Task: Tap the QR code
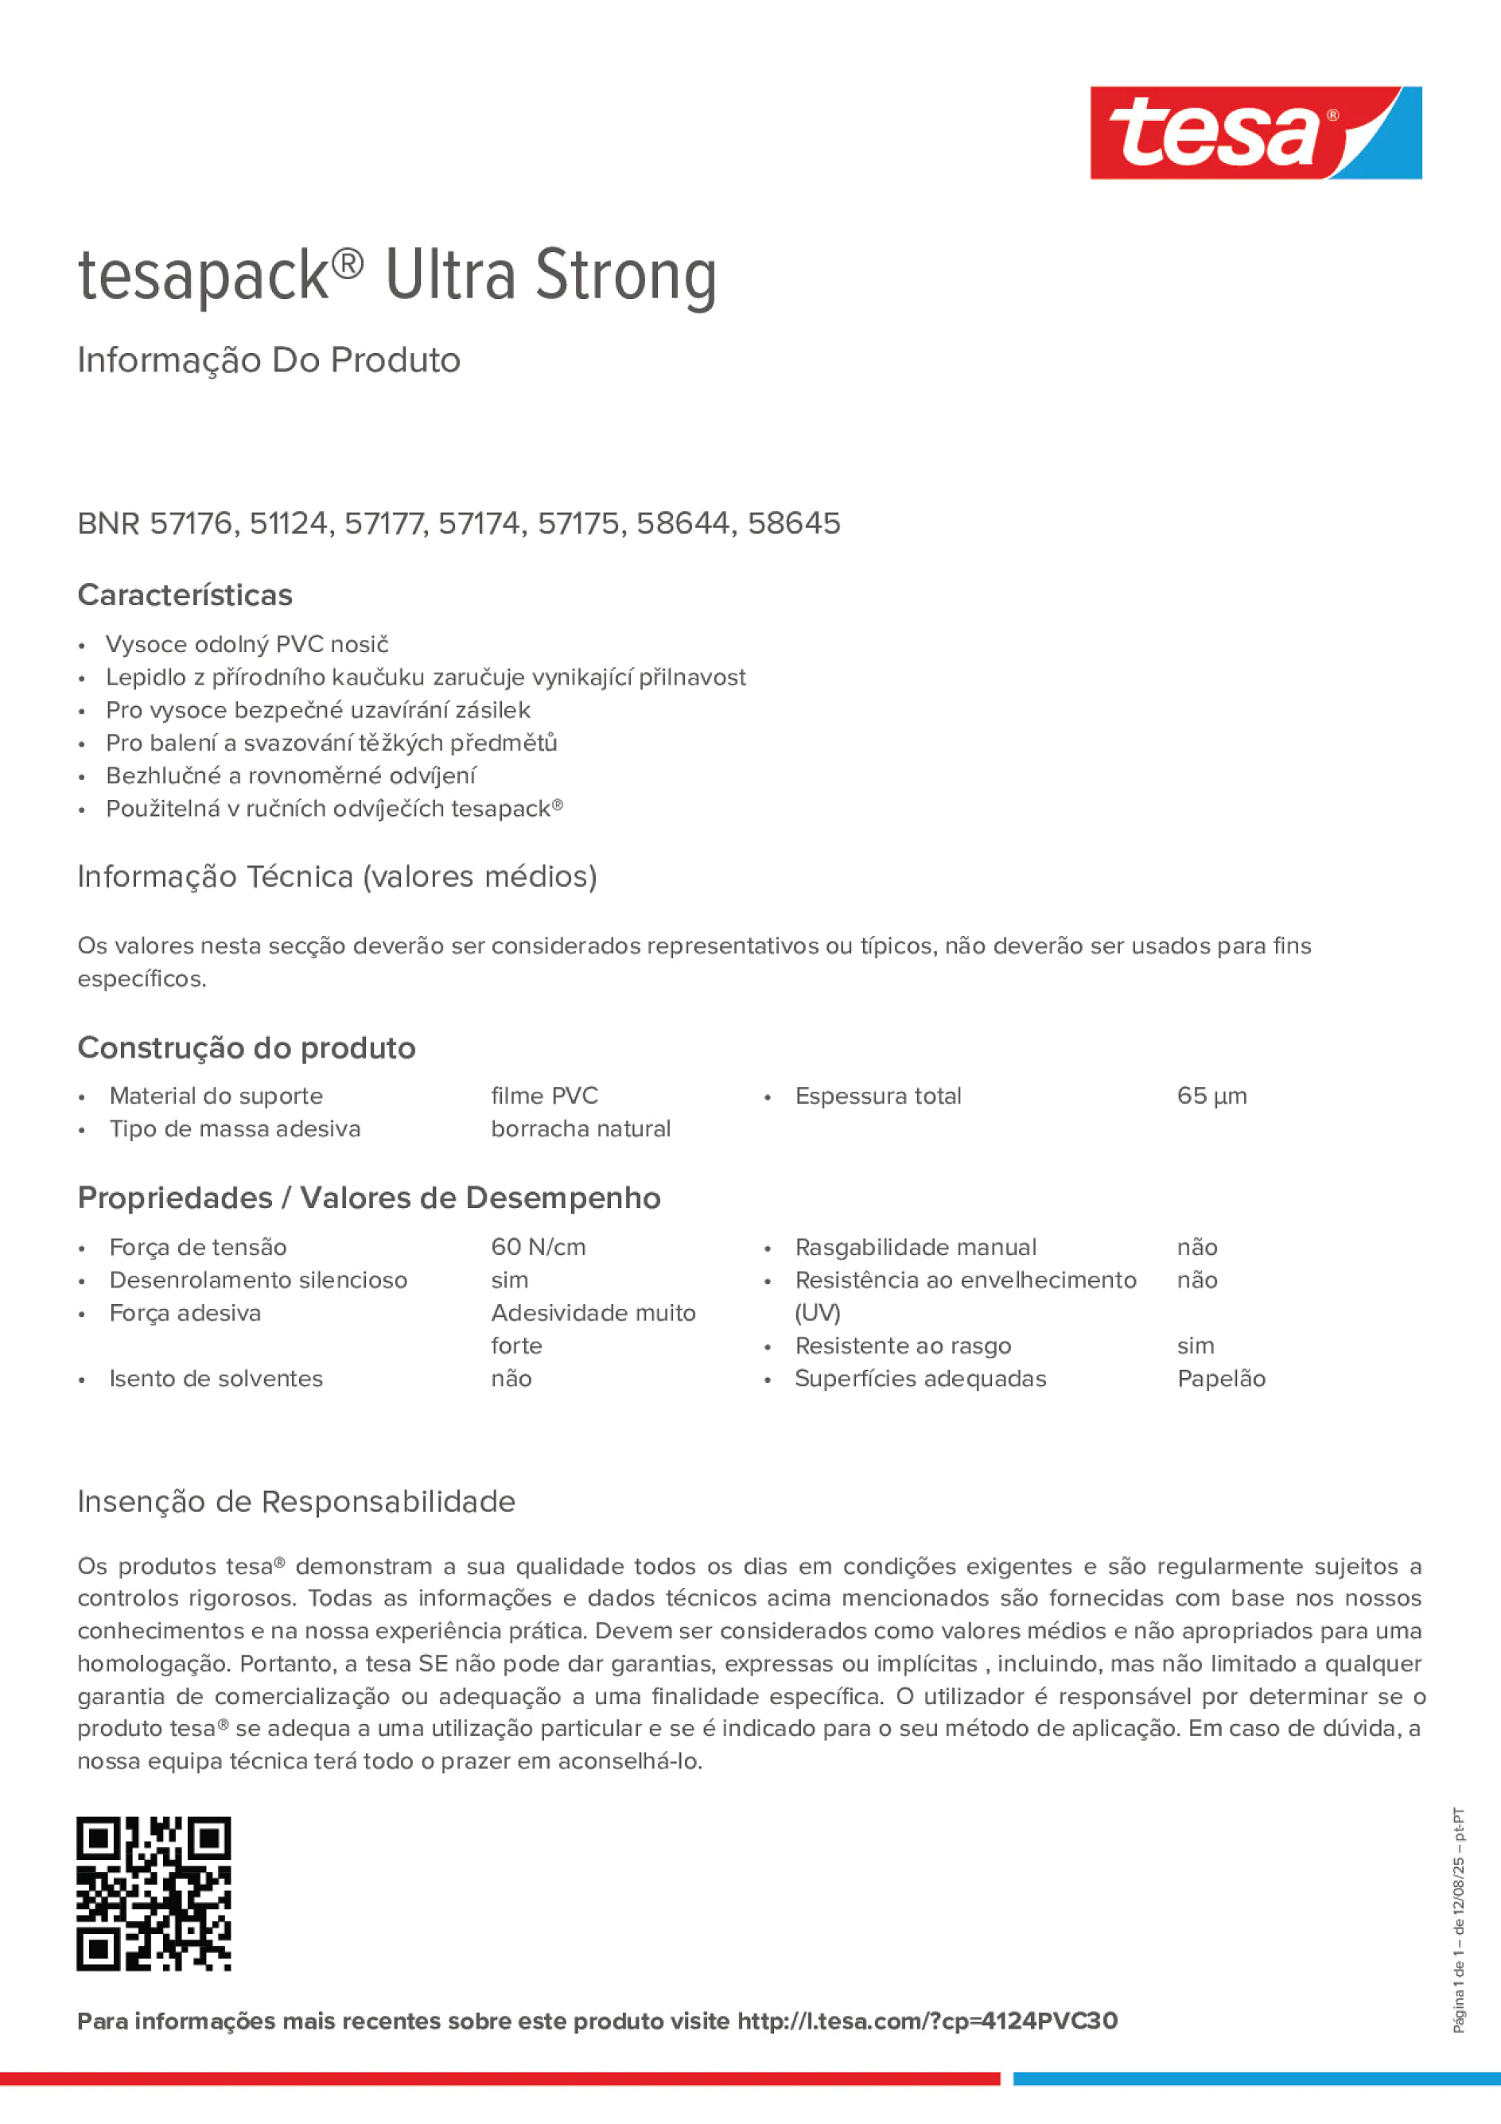[154, 1893]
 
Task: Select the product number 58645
[793, 523]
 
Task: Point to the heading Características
[185, 595]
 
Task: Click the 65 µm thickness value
[1211, 1097]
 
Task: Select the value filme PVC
[544, 1097]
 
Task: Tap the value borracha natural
[580, 1128]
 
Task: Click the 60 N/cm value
[538, 1247]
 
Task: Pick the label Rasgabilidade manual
[916, 1247]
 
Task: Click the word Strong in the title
[625, 275]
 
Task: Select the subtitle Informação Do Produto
[268, 360]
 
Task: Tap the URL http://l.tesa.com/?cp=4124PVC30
[927, 2021]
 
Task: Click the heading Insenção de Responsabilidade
[296, 1501]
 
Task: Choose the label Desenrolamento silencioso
[259, 1280]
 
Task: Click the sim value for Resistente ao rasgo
[1195, 1346]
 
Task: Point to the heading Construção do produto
[246, 1048]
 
